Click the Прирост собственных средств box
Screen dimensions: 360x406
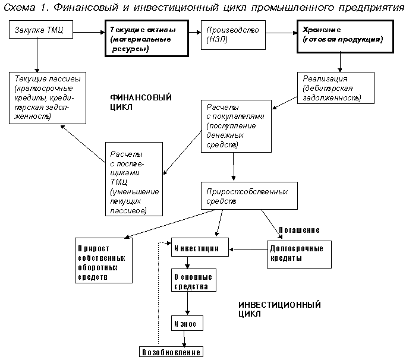click(248, 197)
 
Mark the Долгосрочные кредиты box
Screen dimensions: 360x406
click(297, 254)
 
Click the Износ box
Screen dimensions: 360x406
click(188, 323)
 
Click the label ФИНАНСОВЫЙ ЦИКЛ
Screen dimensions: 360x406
click(133, 102)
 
